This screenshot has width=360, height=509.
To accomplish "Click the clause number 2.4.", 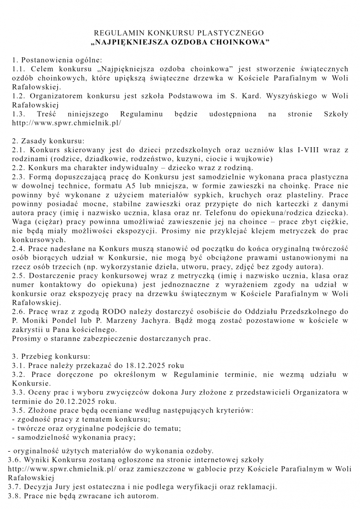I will coord(17,249).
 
